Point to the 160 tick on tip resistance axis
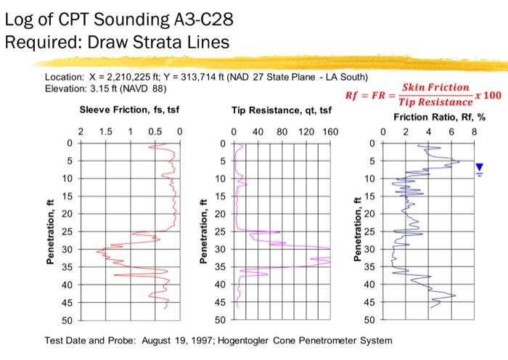coord(330,132)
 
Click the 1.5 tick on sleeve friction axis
coord(105,132)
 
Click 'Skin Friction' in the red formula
coord(435,88)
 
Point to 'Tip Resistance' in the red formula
coord(435,103)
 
